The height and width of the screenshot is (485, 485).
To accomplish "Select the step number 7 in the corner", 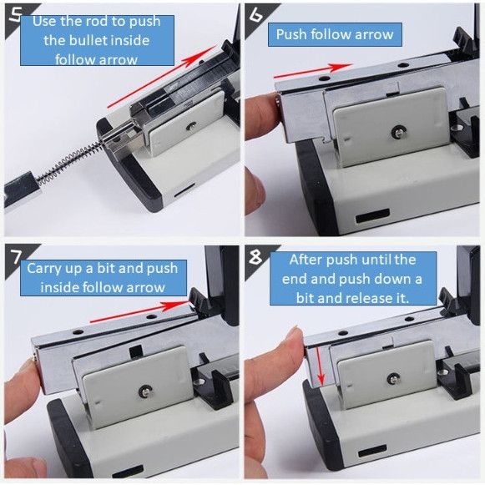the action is click(x=16, y=256).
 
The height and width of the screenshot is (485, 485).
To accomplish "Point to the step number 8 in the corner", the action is click(x=255, y=256).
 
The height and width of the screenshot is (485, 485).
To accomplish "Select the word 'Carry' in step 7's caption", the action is click(x=44, y=269).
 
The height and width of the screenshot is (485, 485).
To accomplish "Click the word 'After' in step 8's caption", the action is click(x=304, y=260).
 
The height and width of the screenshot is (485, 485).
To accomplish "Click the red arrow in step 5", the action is click(x=162, y=77).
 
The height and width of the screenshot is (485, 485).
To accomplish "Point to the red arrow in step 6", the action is click(x=313, y=71).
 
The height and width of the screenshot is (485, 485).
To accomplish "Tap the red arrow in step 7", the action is click(x=139, y=312).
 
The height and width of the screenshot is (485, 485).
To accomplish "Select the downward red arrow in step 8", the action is click(x=320, y=366).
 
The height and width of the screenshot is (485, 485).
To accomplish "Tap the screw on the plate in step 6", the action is click(x=398, y=132).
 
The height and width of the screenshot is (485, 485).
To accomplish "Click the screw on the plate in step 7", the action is click(x=145, y=391).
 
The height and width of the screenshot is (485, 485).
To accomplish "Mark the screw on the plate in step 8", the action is click(x=393, y=379).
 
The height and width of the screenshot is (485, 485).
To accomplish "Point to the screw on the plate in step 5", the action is click(x=192, y=125).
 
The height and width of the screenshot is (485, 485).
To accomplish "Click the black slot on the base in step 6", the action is click(x=372, y=215).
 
